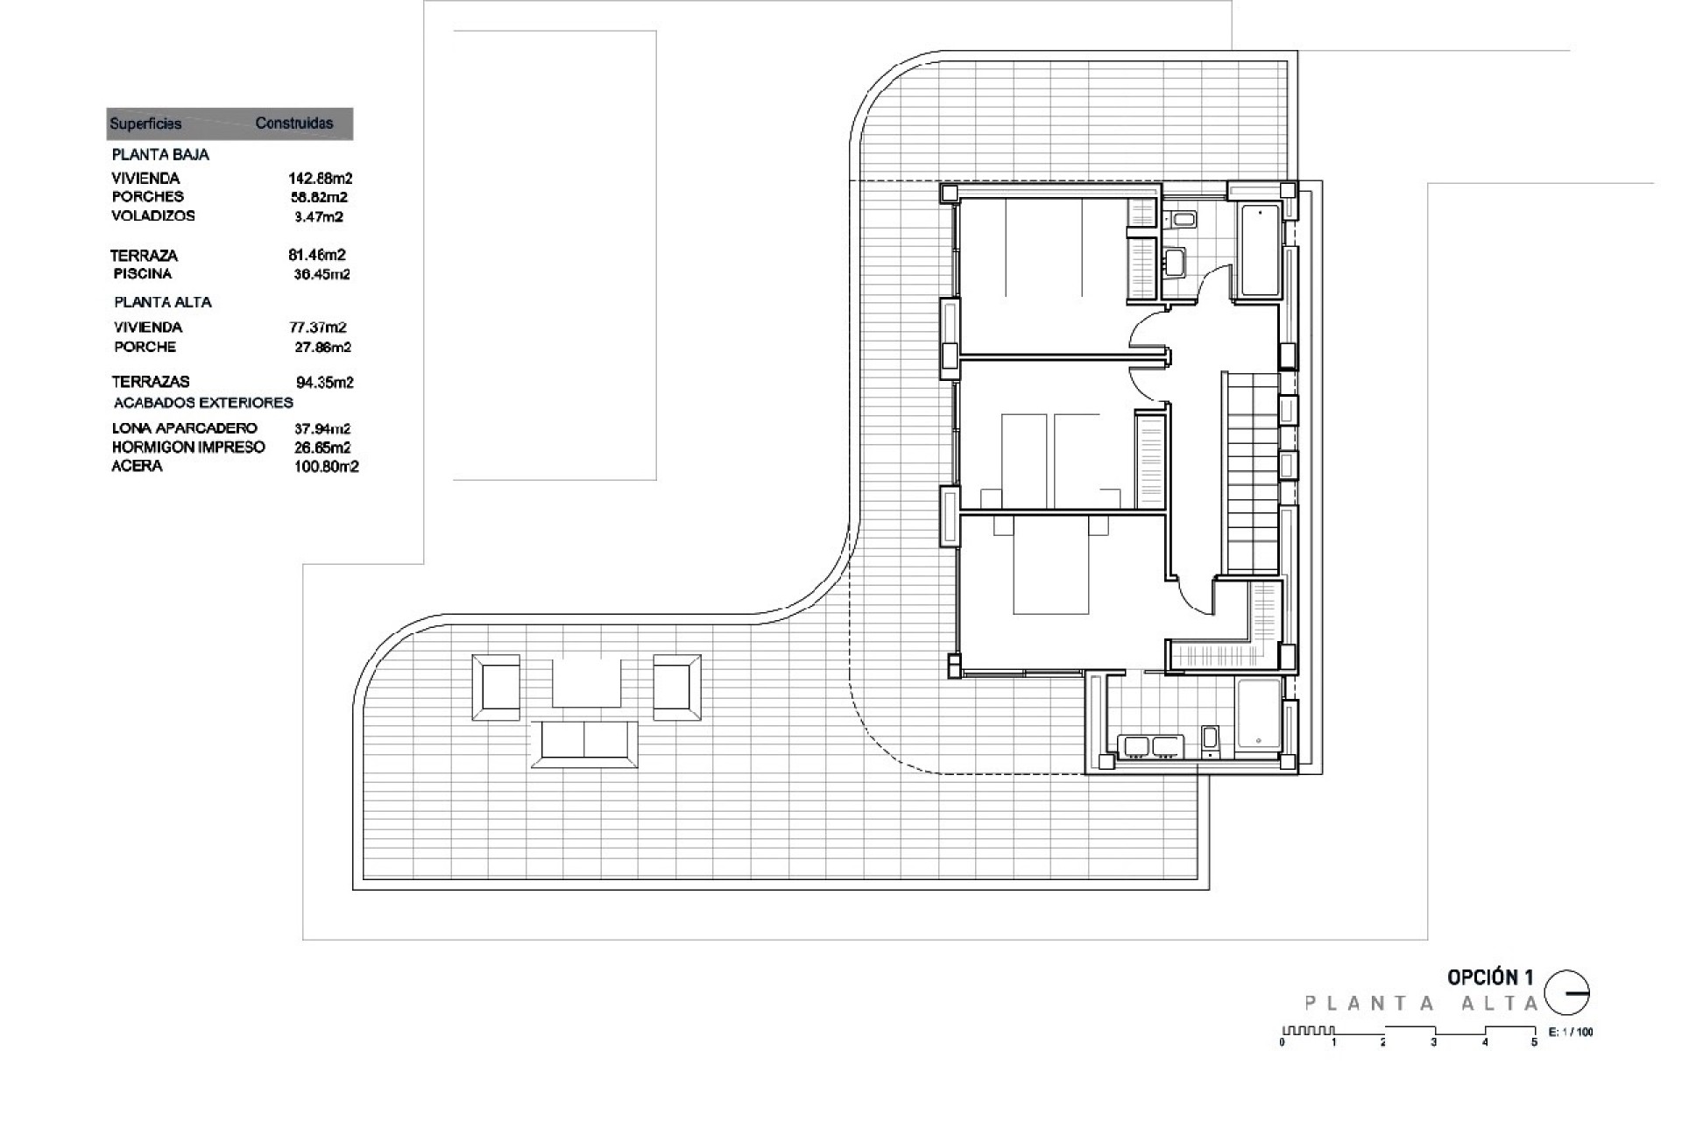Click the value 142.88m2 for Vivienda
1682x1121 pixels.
tap(320, 178)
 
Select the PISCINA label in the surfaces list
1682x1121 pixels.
tap(143, 273)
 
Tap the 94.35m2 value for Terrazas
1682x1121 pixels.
tap(324, 382)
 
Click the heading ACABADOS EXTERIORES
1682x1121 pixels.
tap(203, 403)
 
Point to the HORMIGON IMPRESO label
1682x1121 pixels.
tap(188, 447)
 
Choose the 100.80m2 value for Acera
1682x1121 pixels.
tap(326, 467)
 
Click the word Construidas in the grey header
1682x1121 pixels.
tap(293, 123)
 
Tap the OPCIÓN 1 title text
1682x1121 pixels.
tap(1490, 977)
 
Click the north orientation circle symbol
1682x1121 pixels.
tap(1566, 993)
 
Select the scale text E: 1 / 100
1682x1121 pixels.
tap(1571, 1032)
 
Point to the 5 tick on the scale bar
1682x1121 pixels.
tap(1534, 1042)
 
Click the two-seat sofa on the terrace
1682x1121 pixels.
tap(584, 744)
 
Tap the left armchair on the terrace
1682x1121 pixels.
tap(496, 687)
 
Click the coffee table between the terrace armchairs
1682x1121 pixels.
tap(586, 683)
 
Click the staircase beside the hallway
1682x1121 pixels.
tap(1252, 473)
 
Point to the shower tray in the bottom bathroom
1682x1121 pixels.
tap(1258, 717)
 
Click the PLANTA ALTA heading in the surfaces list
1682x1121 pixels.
tap(163, 302)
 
